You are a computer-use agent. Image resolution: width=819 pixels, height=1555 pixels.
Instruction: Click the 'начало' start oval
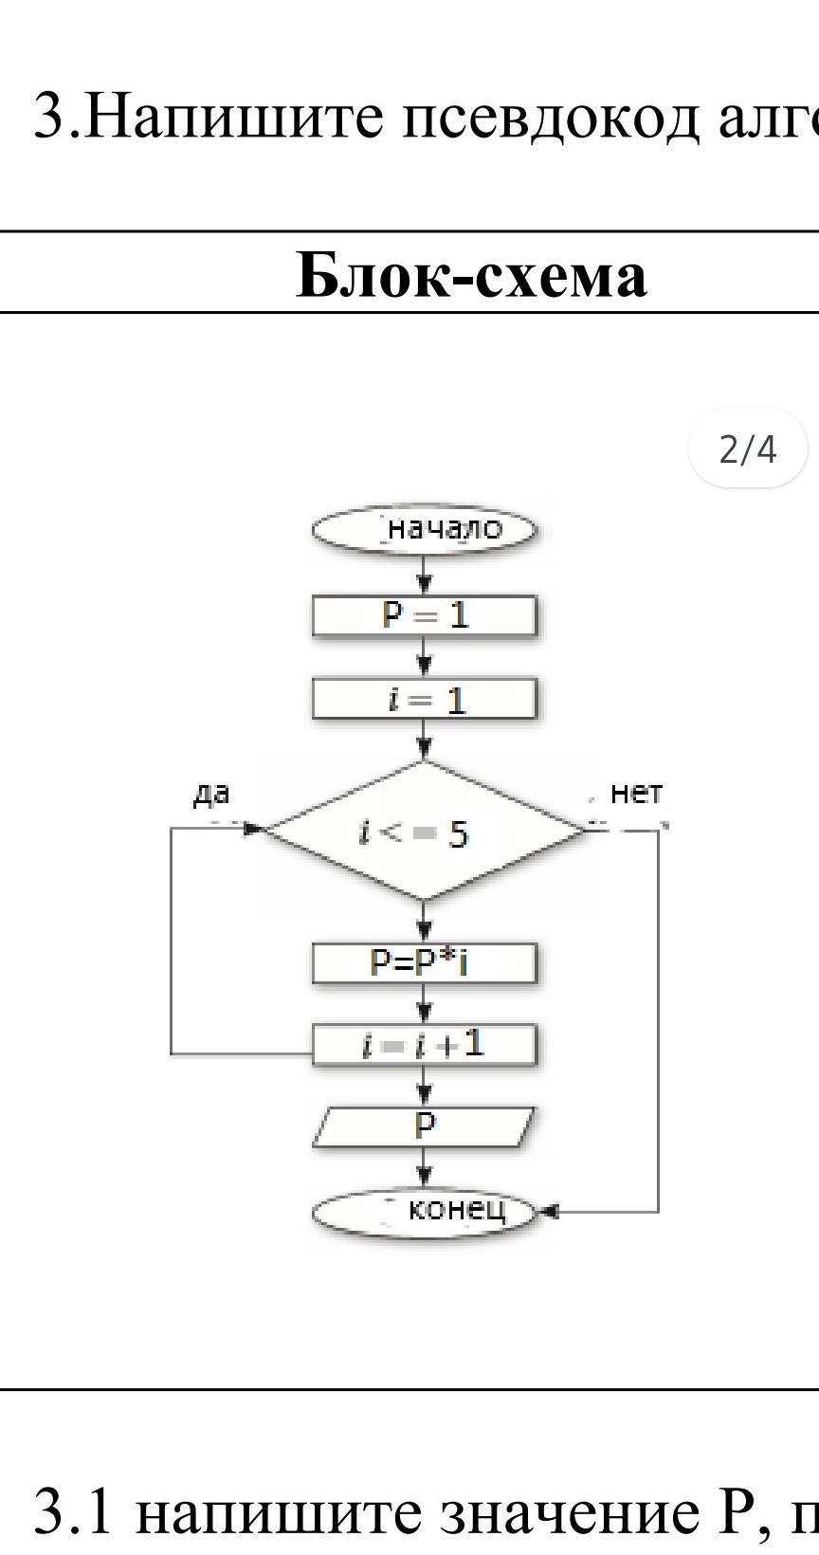[x=425, y=530]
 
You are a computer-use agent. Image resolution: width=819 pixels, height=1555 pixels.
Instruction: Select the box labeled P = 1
[x=425, y=616]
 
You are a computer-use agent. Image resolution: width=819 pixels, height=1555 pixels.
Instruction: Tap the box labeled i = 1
[x=425, y=701]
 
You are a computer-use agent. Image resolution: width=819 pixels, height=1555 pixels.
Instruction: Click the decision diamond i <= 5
[x=424, y=831]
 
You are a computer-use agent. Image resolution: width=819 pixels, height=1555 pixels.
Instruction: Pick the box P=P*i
[x=425, y=963]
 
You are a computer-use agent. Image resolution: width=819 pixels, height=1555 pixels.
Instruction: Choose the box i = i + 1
[x=425, y=1045]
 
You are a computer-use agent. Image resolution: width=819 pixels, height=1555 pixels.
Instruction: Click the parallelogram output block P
[x=424, y=1126]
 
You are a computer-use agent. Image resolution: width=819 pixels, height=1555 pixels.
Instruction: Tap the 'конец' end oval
[x=425, y=1211]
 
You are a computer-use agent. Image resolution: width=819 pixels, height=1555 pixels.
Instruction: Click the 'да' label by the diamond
[x=211, y=794]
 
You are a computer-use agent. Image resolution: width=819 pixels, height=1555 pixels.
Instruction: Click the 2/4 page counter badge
[x=748, y=448]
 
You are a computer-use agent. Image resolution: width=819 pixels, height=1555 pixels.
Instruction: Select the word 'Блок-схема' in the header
[x=471, y=275]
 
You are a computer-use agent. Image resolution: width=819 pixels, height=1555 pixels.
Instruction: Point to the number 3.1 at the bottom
[x=73, y=1511]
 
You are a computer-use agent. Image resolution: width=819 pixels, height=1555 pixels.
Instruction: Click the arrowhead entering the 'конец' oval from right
[x=549, y=1212]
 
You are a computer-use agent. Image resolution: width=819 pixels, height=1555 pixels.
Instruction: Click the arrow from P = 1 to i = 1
[x=425, y=659]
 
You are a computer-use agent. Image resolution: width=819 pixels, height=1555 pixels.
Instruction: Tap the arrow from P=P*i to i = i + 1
[x=425, y=1005]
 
